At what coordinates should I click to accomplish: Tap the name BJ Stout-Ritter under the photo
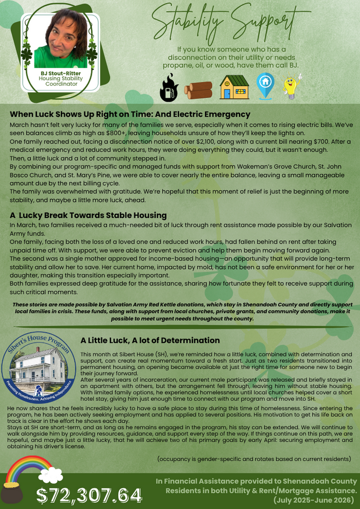point(61,73)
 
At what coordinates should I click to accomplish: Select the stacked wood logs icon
point(198,89)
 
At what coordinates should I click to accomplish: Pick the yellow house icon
point(233,87)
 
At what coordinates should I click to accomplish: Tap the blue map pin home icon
point(265,86)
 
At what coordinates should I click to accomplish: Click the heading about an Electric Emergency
point(130,114)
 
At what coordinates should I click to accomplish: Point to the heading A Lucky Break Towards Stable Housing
point(88,215)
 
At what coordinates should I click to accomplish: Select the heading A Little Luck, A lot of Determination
point(150,340)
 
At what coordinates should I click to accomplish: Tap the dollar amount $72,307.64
point(89,495)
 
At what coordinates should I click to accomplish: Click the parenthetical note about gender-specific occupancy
point(254,459)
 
